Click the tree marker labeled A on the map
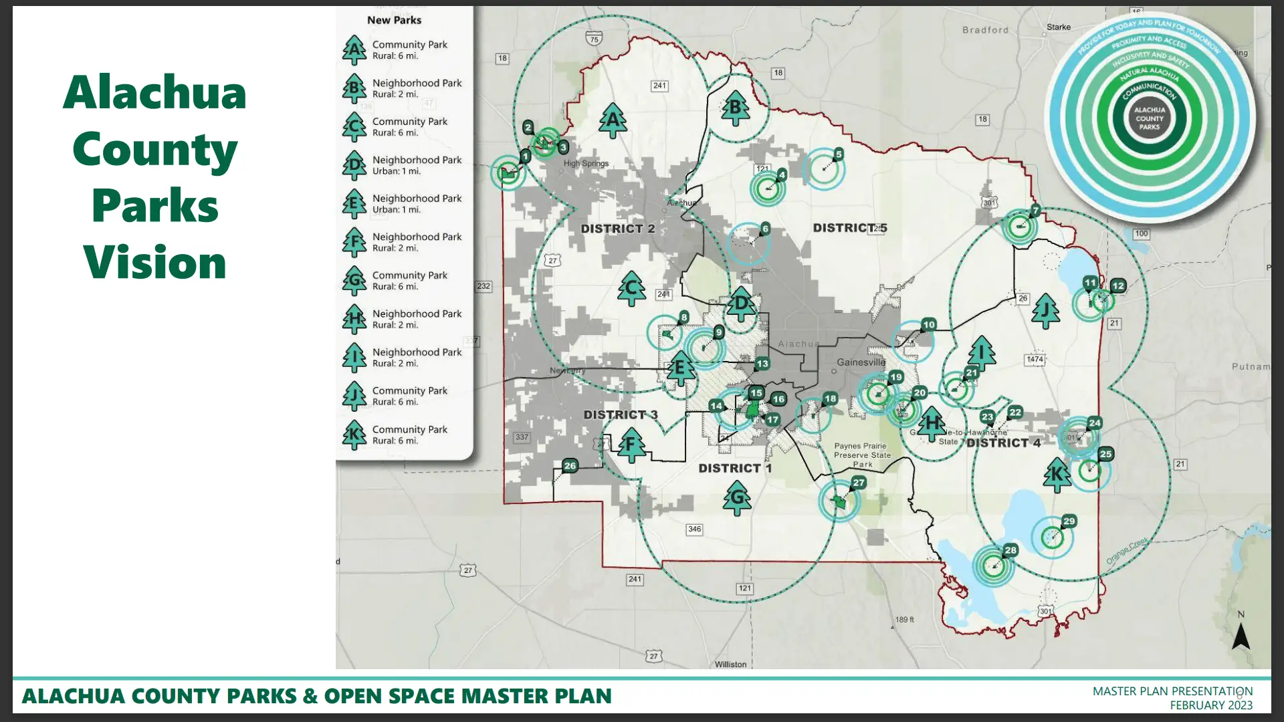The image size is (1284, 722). (613, 120)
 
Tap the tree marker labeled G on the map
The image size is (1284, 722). (737, 498)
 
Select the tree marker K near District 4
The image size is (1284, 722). (1057, 475)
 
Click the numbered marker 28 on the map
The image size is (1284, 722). (1010, 550)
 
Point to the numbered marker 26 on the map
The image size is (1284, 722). (570, 465)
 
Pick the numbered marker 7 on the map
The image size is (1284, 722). (1035, 211)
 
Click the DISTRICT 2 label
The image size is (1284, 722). (617, 229)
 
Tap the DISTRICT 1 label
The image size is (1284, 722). (734, 468)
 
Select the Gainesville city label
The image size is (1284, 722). (861, 362)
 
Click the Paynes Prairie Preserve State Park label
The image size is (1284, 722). (862, 455)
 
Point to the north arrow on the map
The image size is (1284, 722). (1241, 636)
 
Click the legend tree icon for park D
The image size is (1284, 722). (354, 165)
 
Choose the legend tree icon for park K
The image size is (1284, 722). (354, 435)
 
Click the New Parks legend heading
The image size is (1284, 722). (394, 20)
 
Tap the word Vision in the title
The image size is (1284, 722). (154, 262)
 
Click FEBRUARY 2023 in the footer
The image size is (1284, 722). (1210, 705)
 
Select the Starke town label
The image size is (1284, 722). (1058, 27)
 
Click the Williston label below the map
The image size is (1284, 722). (730, 665)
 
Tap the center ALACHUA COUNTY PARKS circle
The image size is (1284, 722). (1149, 118)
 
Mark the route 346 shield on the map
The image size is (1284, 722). (694, 529)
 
